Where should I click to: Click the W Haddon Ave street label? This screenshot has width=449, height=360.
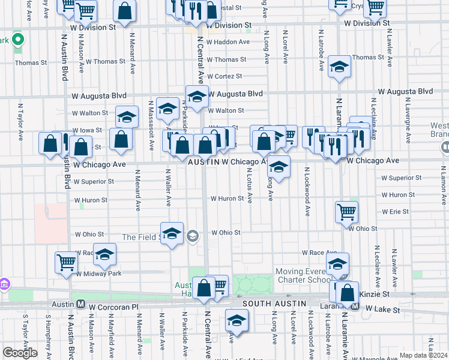pos(228,42)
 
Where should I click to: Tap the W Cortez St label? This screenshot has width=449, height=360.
pos(225,76)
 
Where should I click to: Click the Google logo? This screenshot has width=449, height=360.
pos(20,353)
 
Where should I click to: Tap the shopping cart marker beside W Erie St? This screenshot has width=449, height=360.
pos(347,211)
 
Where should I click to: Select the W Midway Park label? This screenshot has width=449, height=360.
pos(98,274)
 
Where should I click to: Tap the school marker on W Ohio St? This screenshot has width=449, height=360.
pos(171,233)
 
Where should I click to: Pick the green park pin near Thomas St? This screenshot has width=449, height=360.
pos(18,41)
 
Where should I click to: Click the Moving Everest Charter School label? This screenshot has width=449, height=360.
pos(303,276)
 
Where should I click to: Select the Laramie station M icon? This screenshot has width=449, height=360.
pos(356,307)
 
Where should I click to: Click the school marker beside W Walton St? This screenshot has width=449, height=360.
pos(127,116)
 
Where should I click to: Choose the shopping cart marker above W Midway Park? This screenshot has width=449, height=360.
pos(66,262)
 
